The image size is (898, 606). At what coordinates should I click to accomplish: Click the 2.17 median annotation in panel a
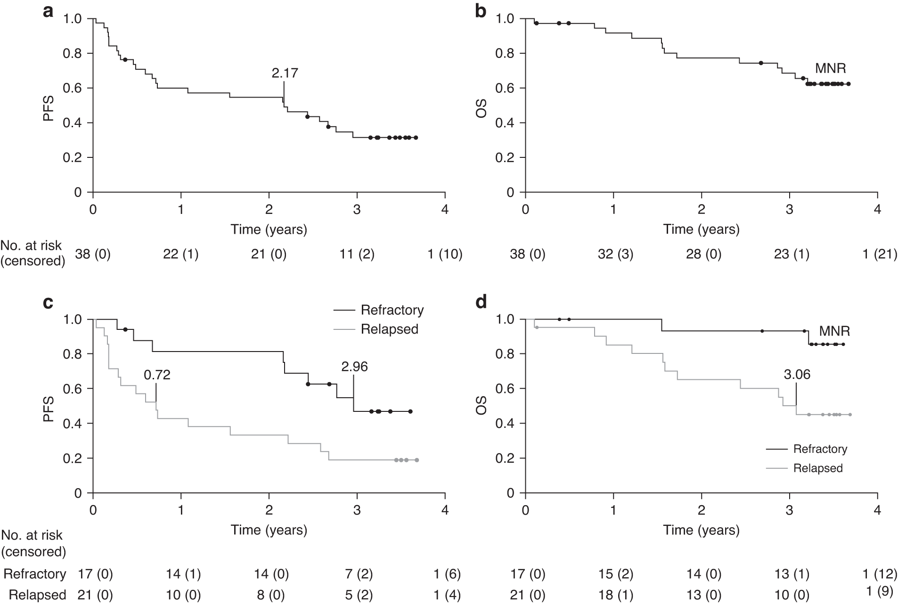(x=285, y=73)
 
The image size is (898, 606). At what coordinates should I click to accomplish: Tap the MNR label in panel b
(x=831, y=69)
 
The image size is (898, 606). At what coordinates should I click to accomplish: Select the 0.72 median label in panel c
(x=157, y=375)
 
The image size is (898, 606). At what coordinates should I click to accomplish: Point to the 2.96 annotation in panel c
(x=354, y=367)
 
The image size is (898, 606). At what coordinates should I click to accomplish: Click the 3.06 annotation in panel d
(x=797, y=375)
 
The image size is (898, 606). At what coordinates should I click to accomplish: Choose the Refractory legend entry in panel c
(x=392, y=310)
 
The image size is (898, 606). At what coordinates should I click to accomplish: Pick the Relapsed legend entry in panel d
(x=817, y=468)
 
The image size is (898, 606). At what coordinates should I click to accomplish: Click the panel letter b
(x=481, y=11)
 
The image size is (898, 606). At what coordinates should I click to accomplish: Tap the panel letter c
(x=48, y=302)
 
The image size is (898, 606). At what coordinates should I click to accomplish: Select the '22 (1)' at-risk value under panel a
(x=180, y=254)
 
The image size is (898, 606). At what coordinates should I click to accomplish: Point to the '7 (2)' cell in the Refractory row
(x=357, y=574)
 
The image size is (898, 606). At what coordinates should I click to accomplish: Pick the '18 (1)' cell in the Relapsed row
(x=615, y=595)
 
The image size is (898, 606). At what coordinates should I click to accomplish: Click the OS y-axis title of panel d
(x=481, y=406)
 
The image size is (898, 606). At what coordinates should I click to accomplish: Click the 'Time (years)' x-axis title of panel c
(x=269, y=530)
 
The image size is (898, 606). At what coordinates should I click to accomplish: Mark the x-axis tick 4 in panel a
(x=445, y=209)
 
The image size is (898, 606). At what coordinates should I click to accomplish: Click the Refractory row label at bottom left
(x=35, y=574)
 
